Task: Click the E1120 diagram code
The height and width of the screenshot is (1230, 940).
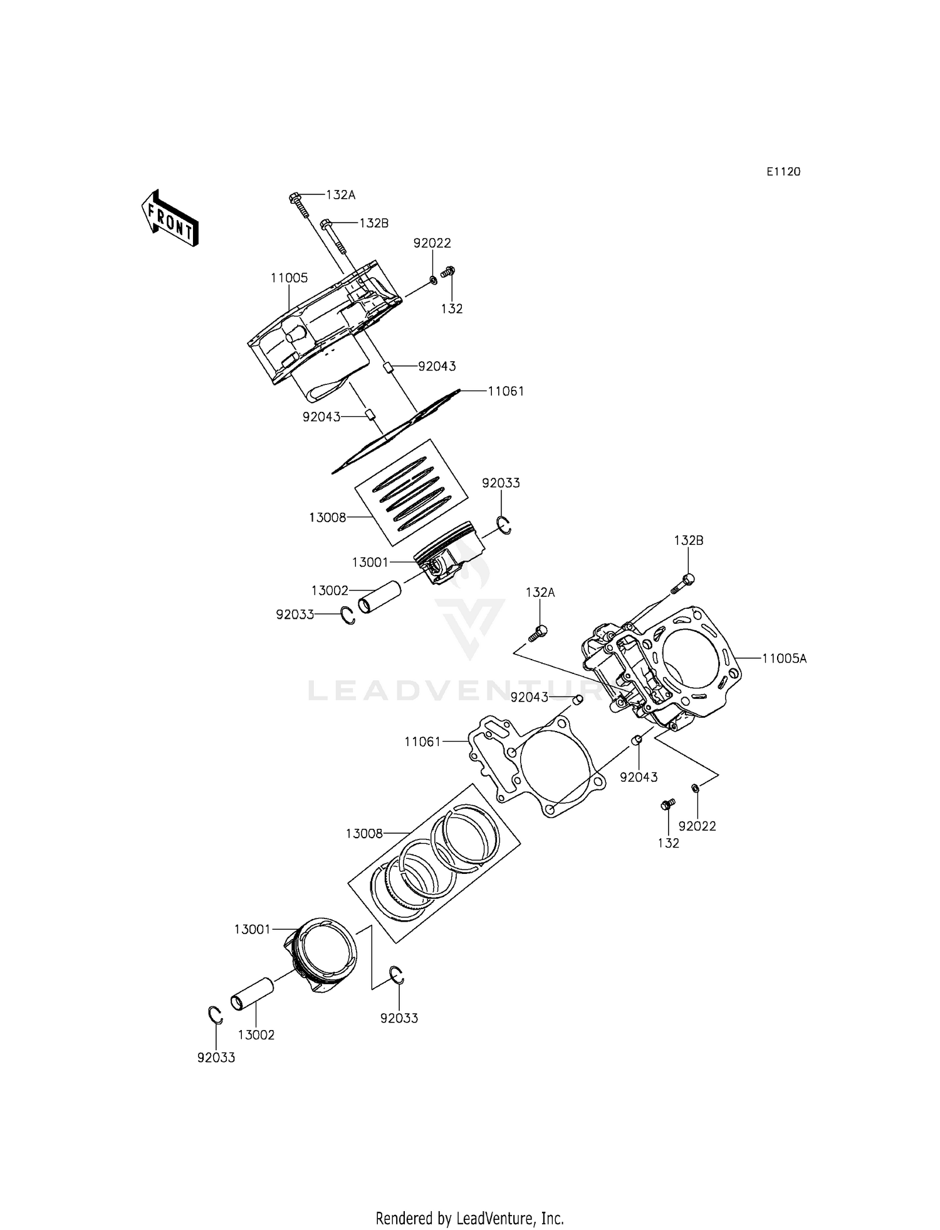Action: point(783,172)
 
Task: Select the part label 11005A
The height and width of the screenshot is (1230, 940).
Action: point(784,658)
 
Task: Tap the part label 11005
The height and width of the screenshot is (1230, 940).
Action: point(289,278)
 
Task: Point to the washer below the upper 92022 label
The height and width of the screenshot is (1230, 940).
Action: point(434,278)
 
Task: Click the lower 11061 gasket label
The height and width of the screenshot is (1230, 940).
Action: point(422,742)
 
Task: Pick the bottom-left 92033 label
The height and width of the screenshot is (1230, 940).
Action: point(216,1058)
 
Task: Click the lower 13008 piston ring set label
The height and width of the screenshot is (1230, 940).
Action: point(364,834)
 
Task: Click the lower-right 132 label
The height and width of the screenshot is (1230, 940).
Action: point(668,843)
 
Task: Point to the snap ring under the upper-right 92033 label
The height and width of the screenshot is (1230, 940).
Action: point(504,525)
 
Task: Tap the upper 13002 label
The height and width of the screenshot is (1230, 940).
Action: point(330,591)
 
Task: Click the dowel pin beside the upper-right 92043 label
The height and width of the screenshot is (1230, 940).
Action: point(388,366)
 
